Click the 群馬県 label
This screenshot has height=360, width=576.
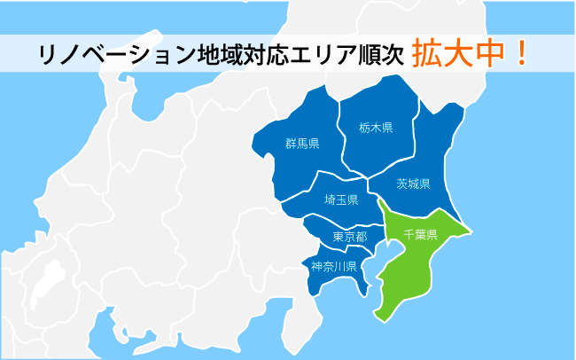point(302,143)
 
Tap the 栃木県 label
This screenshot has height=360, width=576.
point(377,127)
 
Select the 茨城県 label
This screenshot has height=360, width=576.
point(413,184)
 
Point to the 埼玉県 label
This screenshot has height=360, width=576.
point(341,200)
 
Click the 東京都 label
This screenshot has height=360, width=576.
point(349,237)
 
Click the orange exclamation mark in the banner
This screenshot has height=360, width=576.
point(522,52)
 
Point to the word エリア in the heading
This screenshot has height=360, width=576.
point(314,54)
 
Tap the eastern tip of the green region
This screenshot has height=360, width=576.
point(468,232)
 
